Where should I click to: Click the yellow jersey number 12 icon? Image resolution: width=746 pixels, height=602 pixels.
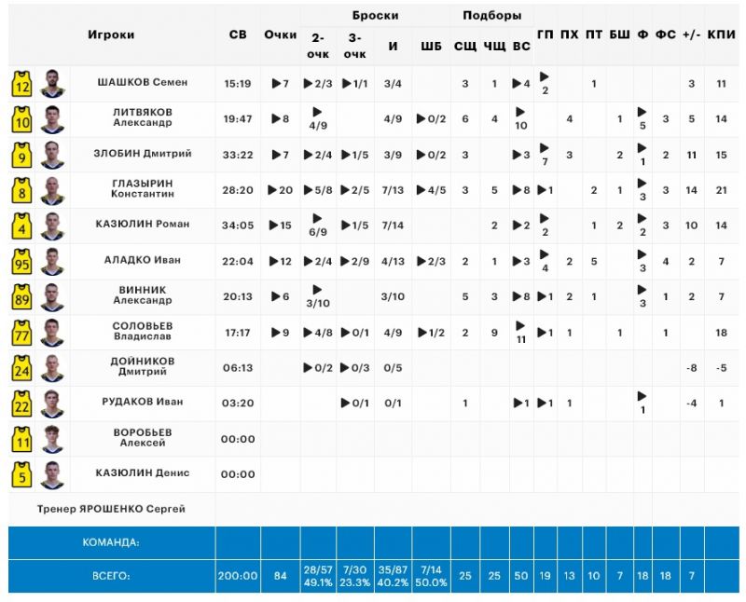click(21, 84)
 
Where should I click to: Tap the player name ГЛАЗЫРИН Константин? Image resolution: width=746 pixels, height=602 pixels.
click(143, 188)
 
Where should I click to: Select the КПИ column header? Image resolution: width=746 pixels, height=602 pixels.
click(721, 34)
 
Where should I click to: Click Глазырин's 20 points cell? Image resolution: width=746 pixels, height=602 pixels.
click(281, 190)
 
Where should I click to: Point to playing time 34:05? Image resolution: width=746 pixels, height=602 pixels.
click(238, 226)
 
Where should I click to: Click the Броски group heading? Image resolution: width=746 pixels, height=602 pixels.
click(375, 15)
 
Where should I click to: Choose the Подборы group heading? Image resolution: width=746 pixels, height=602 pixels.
click(492, 15)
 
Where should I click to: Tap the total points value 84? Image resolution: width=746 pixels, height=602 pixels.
click(281, 576)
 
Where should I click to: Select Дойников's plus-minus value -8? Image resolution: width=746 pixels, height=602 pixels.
click(691, 368)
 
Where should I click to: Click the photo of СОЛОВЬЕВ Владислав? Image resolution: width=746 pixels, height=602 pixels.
click(52, 333)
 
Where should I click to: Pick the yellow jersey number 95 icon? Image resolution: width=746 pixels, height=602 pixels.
click(21, 262)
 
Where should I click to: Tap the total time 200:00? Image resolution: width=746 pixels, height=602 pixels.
click(238, 576)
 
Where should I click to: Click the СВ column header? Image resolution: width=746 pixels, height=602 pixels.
click(238, 34)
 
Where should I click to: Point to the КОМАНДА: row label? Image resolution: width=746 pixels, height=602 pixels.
click(111, 542)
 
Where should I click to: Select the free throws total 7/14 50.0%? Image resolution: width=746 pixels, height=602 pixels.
click(431, 576)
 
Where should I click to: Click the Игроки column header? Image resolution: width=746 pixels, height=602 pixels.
click(111, 34)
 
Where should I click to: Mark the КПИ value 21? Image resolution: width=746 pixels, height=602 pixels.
click(721, 190)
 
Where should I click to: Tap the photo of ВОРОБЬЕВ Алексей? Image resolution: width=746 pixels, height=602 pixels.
click(52, 439)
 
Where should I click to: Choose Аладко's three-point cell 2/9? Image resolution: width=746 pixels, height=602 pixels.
click(355, 262)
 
